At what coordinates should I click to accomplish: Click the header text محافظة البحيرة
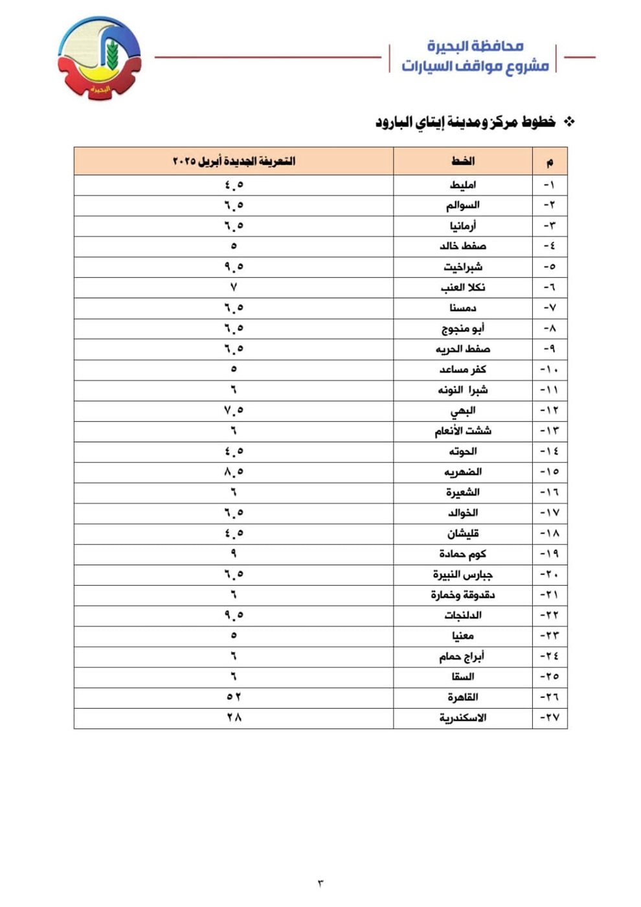[475, 46]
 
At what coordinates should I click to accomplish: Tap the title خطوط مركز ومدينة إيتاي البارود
[465, 122]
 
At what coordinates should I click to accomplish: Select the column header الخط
[463, 161]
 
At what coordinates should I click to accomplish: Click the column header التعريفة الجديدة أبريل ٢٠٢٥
[234, 161]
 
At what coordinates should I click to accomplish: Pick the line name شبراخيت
[463, 267]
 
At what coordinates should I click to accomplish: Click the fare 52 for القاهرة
[234, 697]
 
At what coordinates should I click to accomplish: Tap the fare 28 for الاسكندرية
[234, 718]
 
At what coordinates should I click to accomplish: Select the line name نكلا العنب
[463, 288]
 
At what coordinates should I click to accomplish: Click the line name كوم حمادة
[463, 554]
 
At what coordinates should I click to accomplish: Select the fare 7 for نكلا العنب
[234, 288]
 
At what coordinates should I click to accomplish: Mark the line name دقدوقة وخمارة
[463, 595]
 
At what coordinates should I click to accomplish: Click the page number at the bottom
[320, 883]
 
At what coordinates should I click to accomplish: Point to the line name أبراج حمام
[462, 656]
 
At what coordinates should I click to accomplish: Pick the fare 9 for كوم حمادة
[234, 554]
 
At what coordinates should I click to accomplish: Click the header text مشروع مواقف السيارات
[475, 66]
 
